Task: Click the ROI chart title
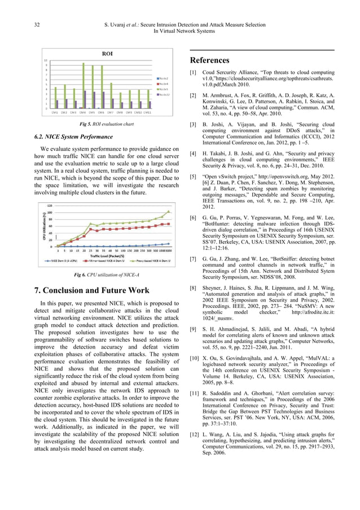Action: [x=106, y=54]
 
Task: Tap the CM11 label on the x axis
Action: [x=147, y=112]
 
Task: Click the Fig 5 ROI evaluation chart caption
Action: [x=107, y=124]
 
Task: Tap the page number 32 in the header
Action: [x=21, y=24]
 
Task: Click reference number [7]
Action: [x=193, y=258]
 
